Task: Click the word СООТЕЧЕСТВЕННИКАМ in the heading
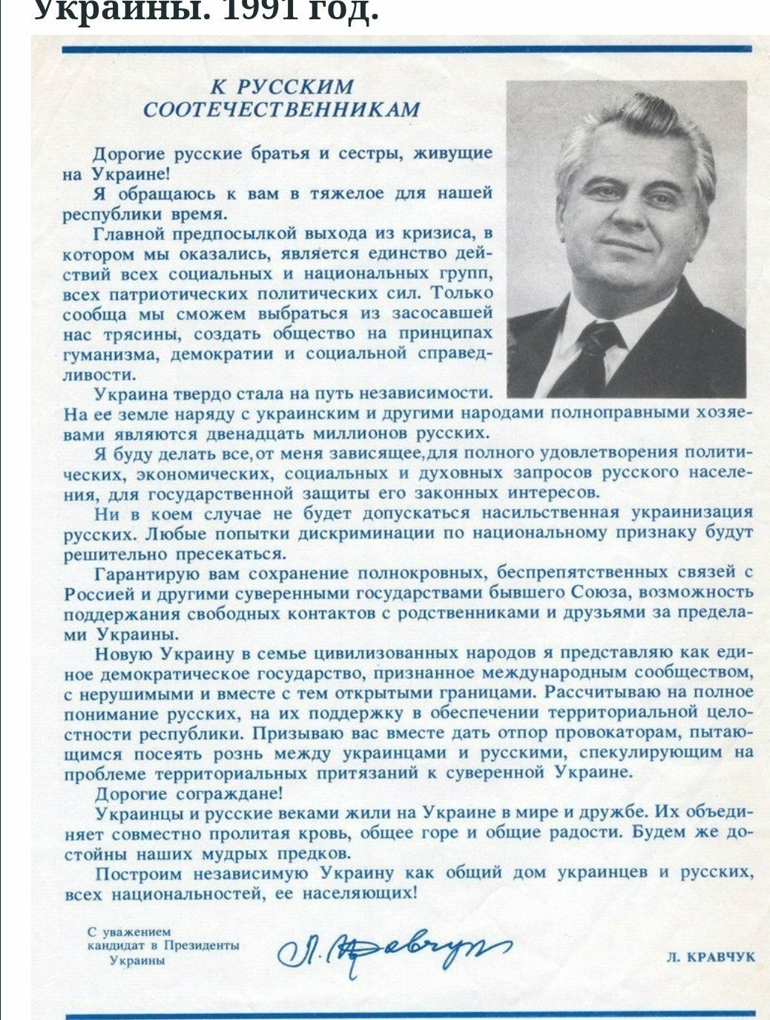[281, 111]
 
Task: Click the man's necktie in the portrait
[594, 356]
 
